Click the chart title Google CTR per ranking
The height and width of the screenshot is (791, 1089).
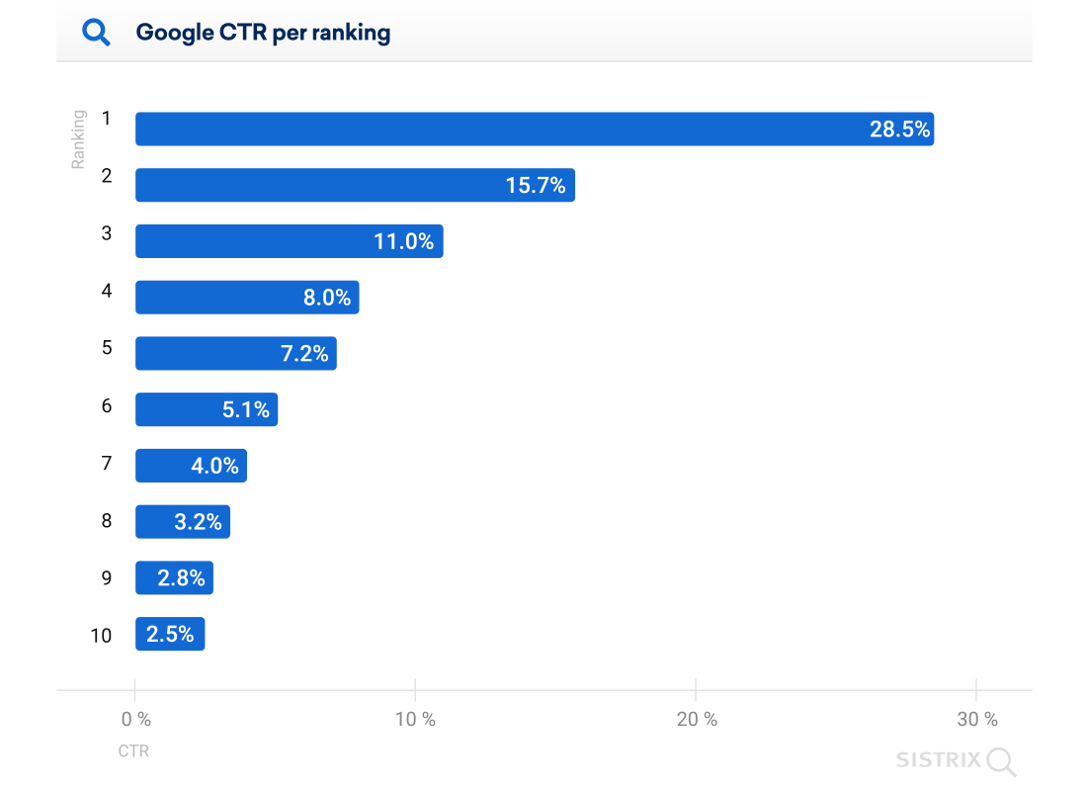pos(263,33)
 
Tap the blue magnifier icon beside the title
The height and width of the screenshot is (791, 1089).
pos(96,32)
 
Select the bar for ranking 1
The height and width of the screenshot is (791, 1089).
pos(535,129)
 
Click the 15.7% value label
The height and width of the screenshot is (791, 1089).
pos(536,186)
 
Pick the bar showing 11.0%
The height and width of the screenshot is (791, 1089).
pos(290,241)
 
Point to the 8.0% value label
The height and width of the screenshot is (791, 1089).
pos(327,298)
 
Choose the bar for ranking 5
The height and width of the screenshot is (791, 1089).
pos(236,353)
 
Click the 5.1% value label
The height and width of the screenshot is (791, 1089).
pos(246,409)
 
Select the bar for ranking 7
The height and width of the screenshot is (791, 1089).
pos(191,466)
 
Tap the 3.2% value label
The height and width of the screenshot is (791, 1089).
pos(198,522)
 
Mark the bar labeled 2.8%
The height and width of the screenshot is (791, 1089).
pos(174,577)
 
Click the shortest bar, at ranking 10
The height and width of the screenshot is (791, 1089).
pos(170,634)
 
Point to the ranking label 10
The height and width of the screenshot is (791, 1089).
pos(102,636)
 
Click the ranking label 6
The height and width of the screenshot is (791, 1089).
pos(107,405)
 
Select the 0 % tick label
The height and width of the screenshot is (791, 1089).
pos(136,720)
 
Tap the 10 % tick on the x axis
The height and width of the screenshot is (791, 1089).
pos(415,720)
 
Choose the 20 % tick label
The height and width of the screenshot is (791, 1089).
pos(697,720)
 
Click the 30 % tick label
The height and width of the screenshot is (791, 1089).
pos(977,720)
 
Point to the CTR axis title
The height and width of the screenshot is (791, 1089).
pos(133,751)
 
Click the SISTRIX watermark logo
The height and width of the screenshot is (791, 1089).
pos(956,760)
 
